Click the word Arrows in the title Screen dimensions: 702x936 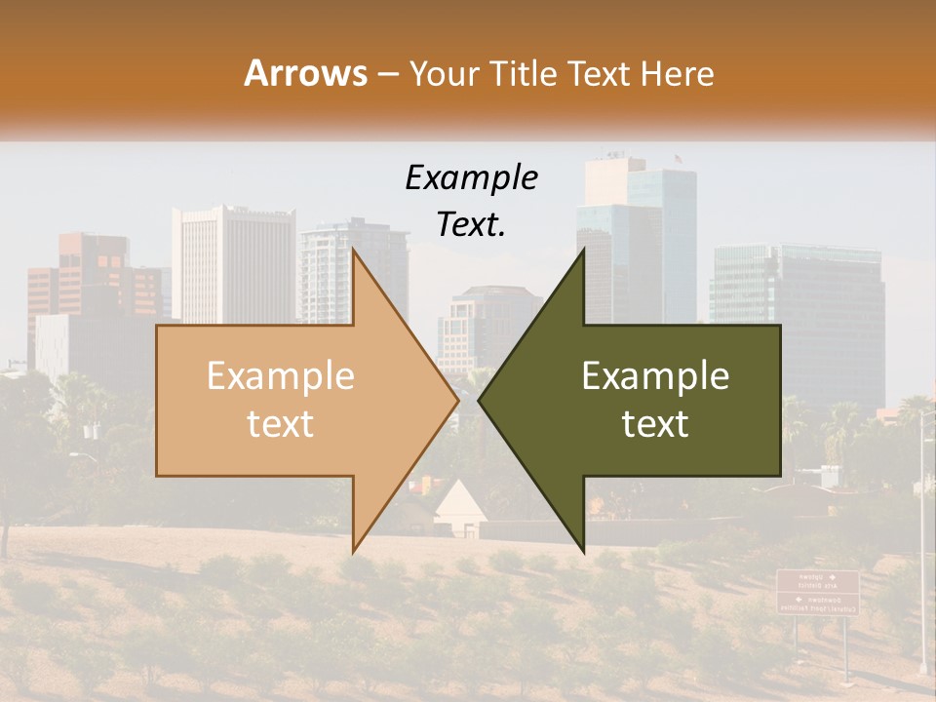[305, 73]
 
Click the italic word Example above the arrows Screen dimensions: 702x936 [471, 177]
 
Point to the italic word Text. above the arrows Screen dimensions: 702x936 [471, 224]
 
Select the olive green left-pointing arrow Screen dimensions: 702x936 [643, 400]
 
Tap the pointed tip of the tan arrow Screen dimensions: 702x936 [456, 400]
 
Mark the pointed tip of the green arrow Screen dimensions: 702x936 [481, 400]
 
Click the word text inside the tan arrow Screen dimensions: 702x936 [280, 424]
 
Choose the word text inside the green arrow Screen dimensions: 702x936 [655, 424]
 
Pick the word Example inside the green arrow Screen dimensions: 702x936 [655, 376]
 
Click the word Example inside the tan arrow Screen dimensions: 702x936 [280, 376]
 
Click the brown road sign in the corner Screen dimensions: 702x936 [817, 592]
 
